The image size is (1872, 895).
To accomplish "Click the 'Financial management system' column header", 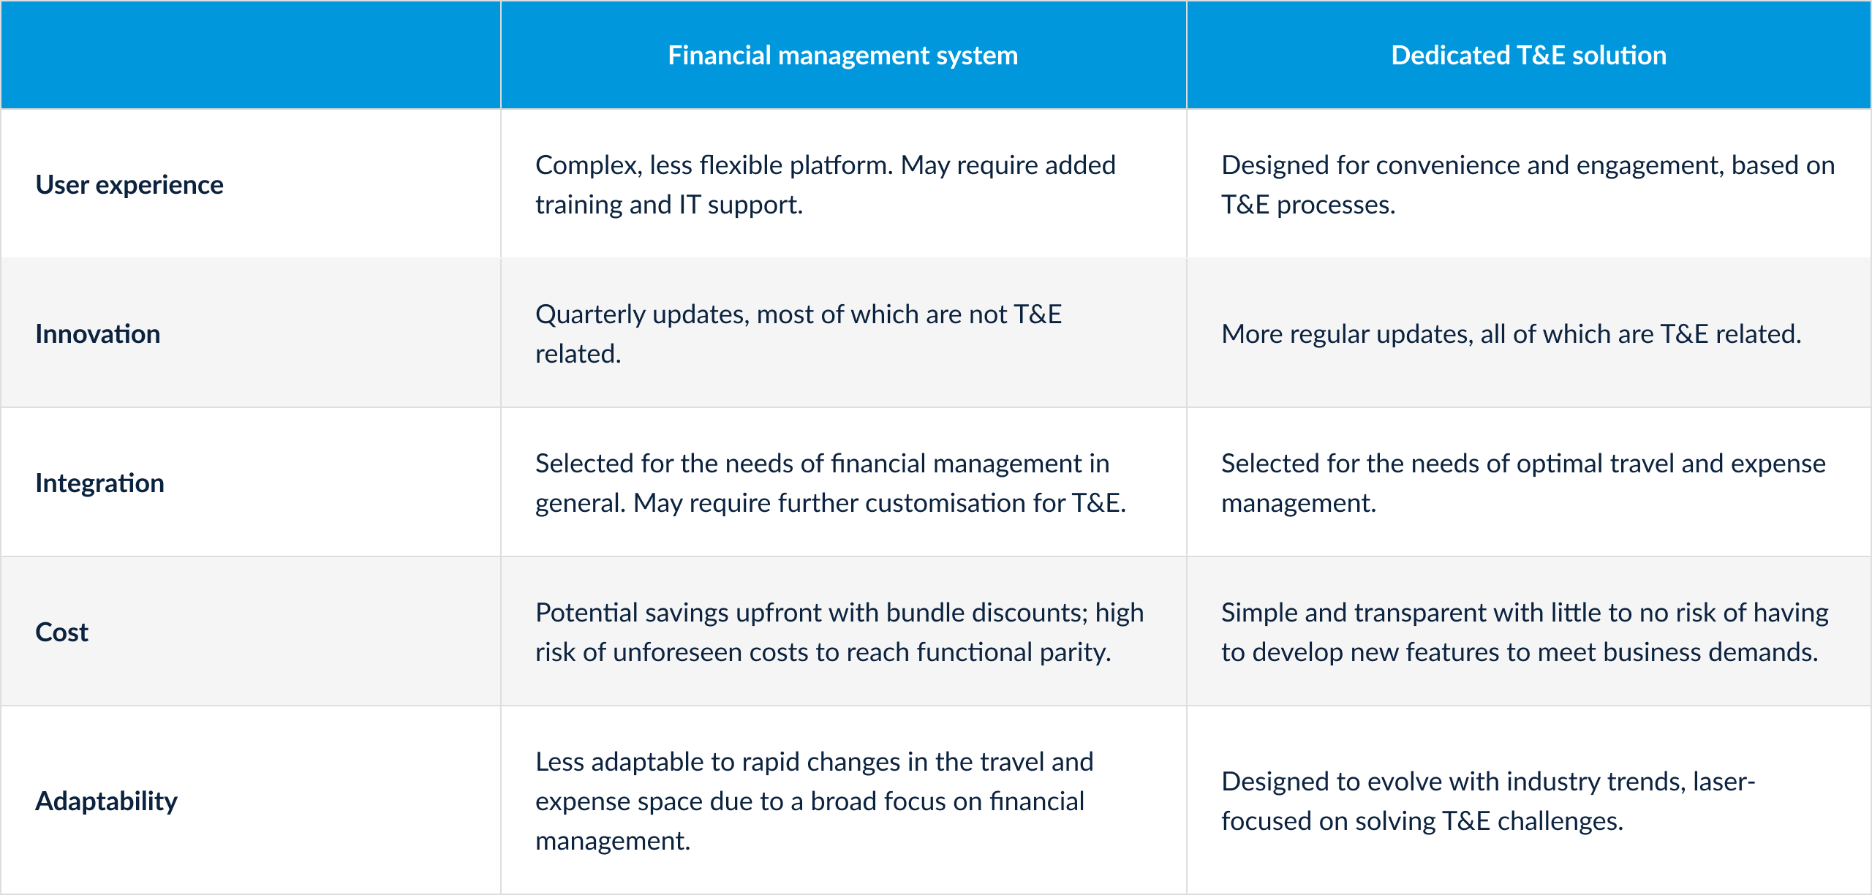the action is [x=842, y=56].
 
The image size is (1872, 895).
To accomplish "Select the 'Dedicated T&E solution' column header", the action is [x=1528, y=56].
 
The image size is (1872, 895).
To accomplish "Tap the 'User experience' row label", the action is [x=129, y=185].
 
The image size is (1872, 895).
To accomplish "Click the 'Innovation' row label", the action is [x=98, y=334].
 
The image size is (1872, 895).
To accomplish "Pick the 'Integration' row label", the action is [x=99, y=483].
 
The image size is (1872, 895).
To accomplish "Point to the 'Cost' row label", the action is [x=62, y=632].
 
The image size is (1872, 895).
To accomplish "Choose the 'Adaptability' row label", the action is [x=107, y=801].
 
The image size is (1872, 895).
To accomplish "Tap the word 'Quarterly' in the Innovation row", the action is [x=590, y=315].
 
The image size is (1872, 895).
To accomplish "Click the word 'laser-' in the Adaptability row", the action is [x=1724, y=782].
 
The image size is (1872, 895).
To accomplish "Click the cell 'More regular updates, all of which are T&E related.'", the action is [x=1511, y=334].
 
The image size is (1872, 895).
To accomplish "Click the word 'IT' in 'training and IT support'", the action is [x=690, y=205].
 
